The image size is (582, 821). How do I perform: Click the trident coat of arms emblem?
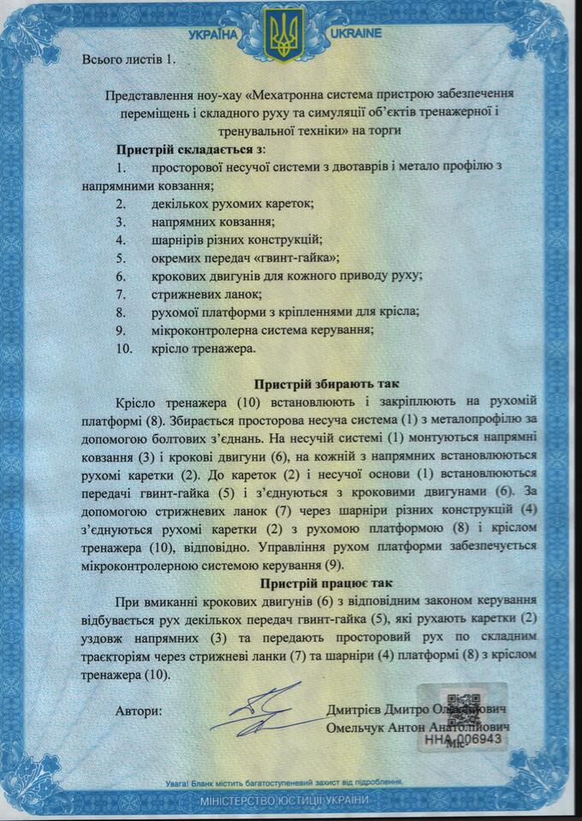pyautogui.click(x=283, y=34)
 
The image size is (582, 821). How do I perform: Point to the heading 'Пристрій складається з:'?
pyautogui.click(x=191, y=148)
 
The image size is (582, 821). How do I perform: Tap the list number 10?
pyautogui.click(x=124, y=348)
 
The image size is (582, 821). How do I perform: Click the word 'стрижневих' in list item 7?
pyautogui.click(x=184, y=293)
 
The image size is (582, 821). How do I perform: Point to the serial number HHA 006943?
pyautogui.click(x=462, y=737)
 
